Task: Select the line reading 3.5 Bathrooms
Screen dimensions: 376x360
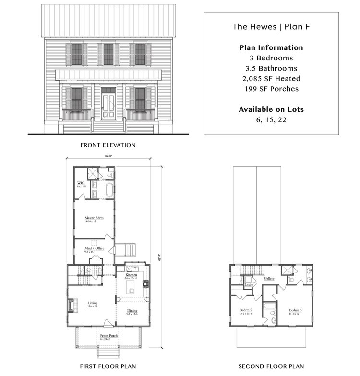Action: point(271,68)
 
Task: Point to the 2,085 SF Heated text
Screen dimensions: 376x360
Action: point(271,79)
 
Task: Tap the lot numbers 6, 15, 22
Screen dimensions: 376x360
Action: point(271,119)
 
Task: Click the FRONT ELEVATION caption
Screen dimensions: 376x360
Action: point(108,144)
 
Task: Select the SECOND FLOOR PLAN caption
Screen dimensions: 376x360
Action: point(271,367)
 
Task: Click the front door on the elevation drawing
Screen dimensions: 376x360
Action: point(108,105)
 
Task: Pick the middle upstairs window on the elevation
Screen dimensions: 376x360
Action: point(108,54)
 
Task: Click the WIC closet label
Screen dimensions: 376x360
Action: point(81,184)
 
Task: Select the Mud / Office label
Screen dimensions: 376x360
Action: point(94,249)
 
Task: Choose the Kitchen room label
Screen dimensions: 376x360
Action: point(132,275)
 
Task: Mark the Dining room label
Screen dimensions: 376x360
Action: point(132,312)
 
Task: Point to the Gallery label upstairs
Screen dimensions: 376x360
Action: point(268,278)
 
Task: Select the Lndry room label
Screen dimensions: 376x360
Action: point(249,285)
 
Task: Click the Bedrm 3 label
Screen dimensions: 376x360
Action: point(296,311)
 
